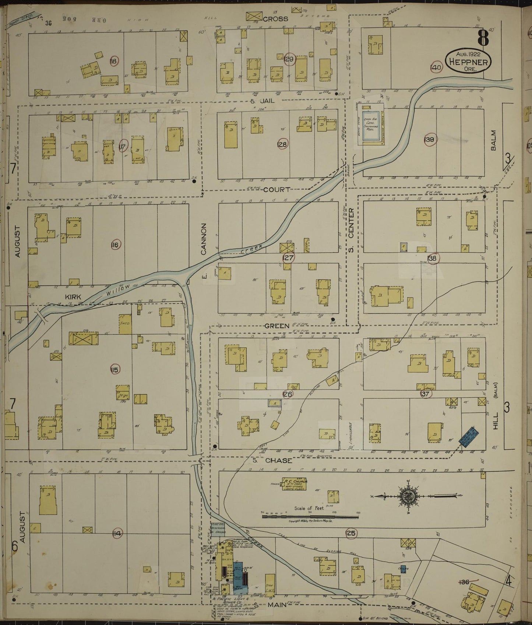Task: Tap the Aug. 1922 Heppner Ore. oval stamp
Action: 468,61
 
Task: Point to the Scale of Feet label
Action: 310,508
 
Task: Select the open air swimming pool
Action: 370,126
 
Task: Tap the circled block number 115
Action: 114,369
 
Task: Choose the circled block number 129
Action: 289,59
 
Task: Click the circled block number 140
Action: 436,68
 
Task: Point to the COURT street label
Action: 279,190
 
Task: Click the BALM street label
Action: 493,140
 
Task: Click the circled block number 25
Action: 351,533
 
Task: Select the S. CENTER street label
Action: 351,230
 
